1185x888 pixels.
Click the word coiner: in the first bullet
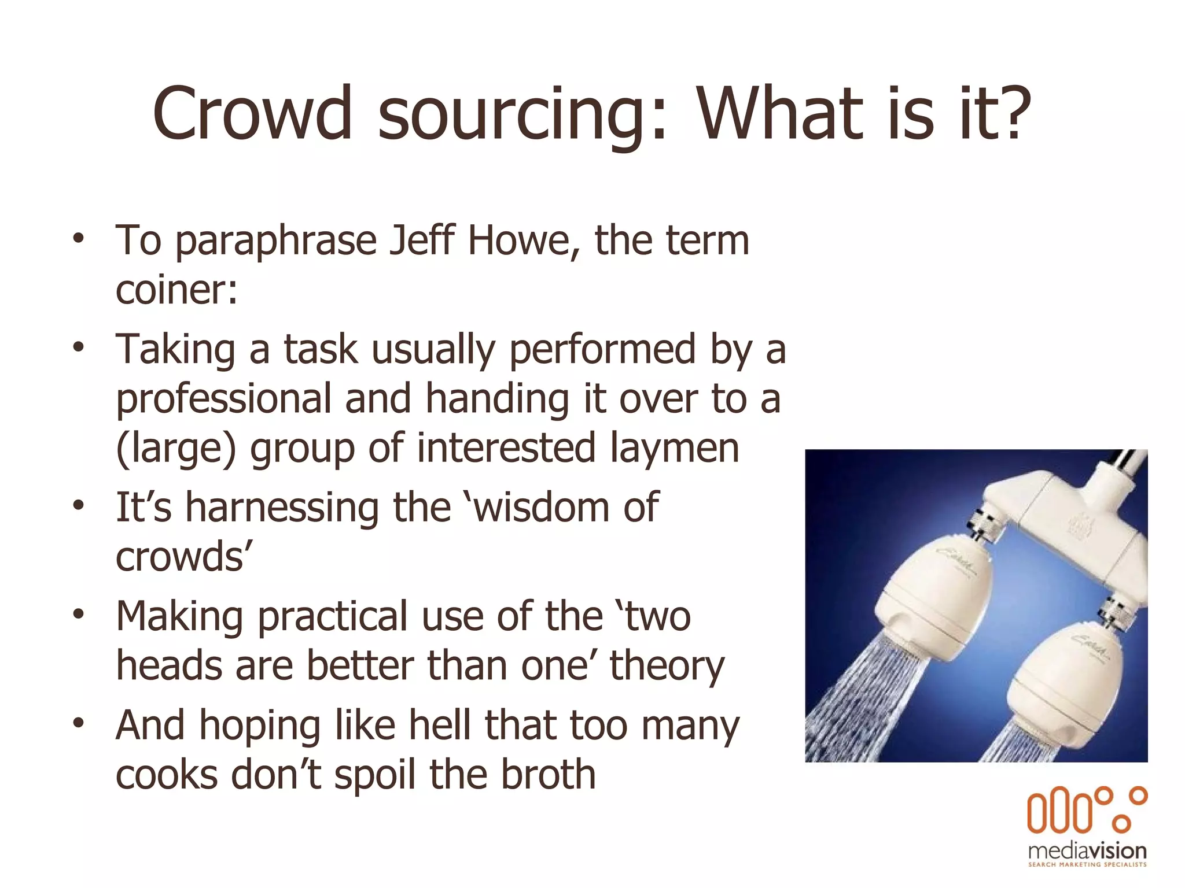click(176, 290)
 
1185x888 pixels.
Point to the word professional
click(223, 400)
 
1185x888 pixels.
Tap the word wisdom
click(542, 508)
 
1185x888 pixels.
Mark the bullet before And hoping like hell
click(79, 723)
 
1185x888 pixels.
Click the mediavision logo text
click(1087, 850)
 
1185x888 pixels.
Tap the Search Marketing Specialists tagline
click(1087, 865)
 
